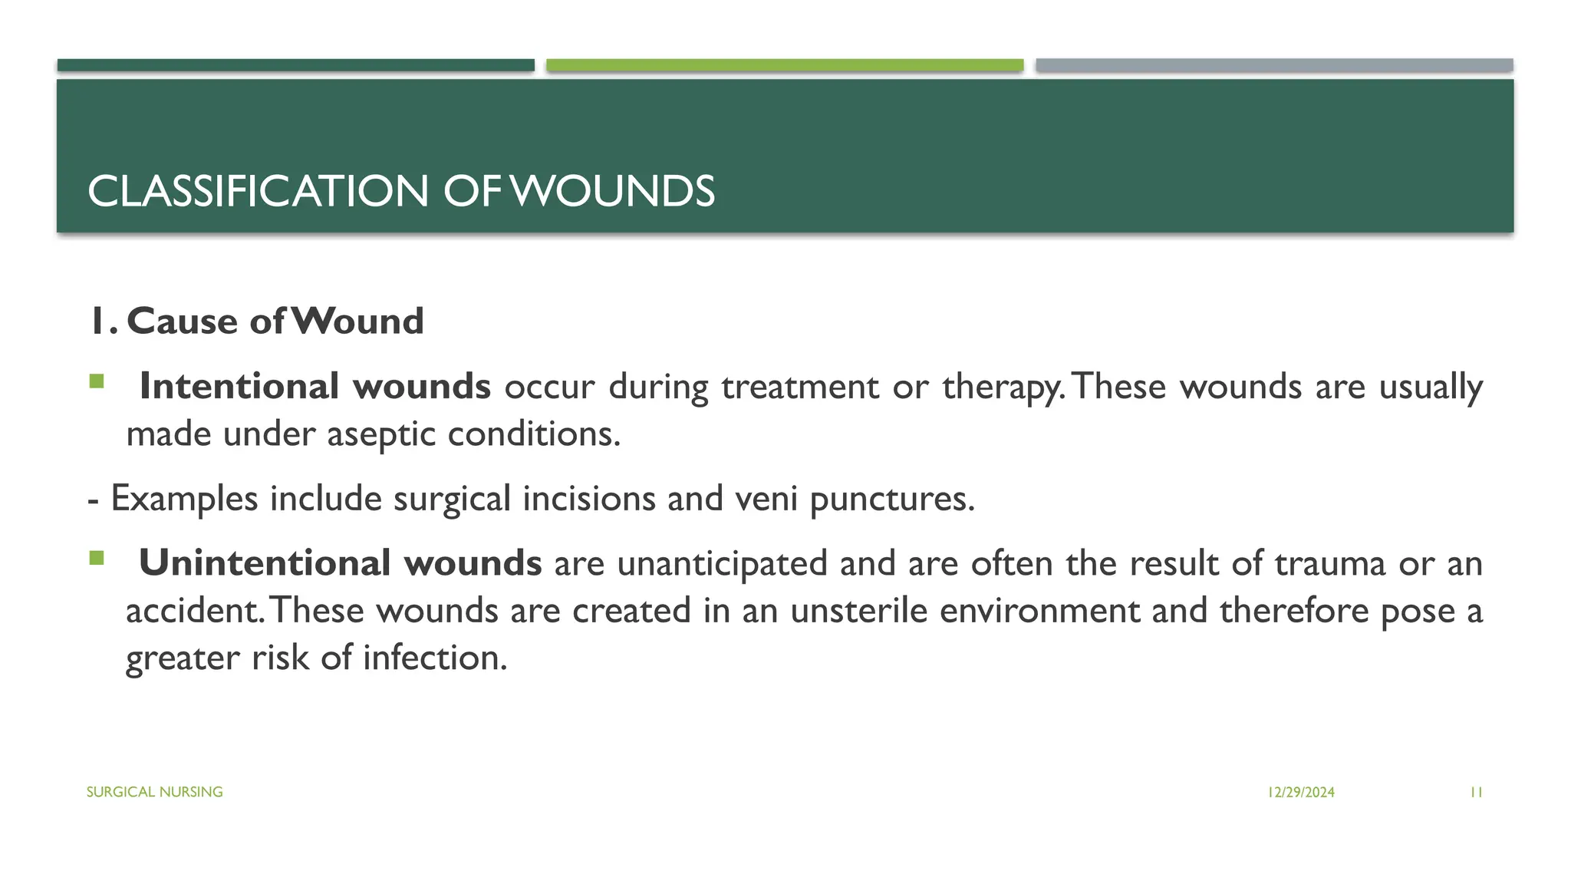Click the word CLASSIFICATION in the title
tap(258, 191)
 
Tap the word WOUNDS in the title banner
tap(612, 191)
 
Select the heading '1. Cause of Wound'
tap(256, 321)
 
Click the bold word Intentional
tap(239, 386)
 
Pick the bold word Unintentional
tap(264, 563)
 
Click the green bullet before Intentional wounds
tap(96, 381)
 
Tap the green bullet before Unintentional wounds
tap(96, 558)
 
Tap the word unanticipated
tap(722, 563)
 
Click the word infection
tap(434, 658)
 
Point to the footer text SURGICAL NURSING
tap(154, 792)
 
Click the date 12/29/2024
tap(1301, 793)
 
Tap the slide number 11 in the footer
tap(1476, 793)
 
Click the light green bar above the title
tap(785, 65)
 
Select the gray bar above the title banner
tap(1274, 65)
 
